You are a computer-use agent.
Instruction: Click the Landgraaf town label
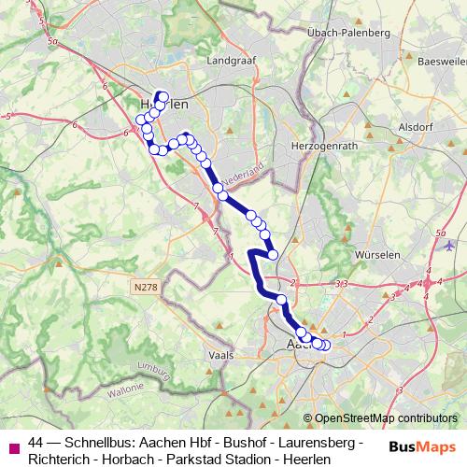(234, 62)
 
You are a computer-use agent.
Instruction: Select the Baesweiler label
(441, 62)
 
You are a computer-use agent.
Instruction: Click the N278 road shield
(146, 289)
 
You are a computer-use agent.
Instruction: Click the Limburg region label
(150, 369)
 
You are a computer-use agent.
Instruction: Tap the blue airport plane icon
(451, 245)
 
